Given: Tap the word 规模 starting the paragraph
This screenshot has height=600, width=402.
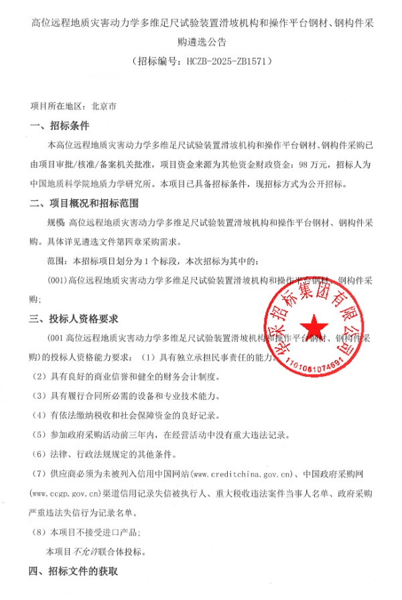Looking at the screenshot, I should (x=55, y=222).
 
